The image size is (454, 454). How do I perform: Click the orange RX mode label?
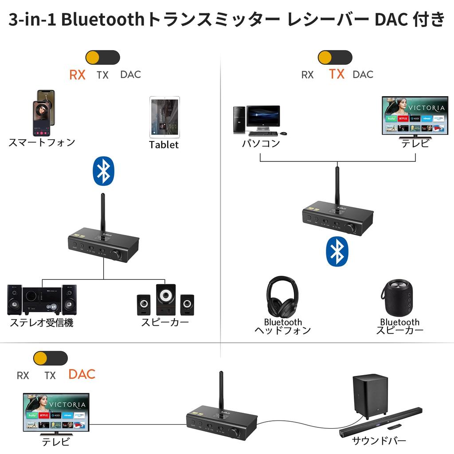click(77, 74)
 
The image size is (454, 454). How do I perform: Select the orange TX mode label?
click(337, 74)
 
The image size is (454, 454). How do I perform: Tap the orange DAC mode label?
click(82, 374)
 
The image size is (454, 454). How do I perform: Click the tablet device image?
click(164, 116)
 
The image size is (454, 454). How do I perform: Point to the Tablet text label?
click(164, 145)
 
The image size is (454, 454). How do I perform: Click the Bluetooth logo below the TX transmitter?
click(337, 252)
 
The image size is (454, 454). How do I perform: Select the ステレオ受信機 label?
click(42, 323)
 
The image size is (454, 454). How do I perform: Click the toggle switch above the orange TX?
click(335, 58)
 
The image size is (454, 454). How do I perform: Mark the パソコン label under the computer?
click(261, 144)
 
